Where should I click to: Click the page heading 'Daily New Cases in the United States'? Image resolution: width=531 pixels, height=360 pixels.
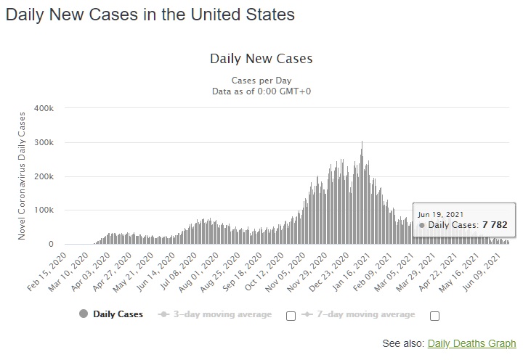pos(150,15)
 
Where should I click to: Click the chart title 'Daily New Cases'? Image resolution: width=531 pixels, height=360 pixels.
pos(261,58)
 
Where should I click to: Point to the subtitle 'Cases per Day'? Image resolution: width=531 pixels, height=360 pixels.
pos(261,80)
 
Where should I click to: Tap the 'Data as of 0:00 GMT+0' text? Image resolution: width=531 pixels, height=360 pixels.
pos(261,91)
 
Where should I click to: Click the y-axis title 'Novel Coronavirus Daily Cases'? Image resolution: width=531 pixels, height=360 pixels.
pos(22,174)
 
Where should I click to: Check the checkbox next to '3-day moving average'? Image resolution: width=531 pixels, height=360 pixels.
pos(291,316)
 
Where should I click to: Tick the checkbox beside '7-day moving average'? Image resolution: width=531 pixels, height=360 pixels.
pos(434,316)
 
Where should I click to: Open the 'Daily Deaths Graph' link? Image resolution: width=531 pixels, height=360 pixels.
pos(471,343)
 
